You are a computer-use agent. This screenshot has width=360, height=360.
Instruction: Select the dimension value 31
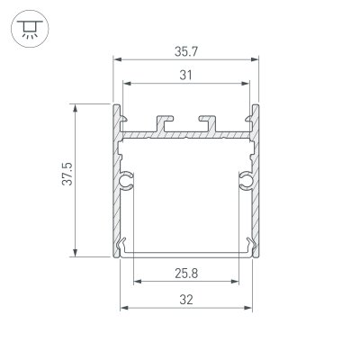pyautogui.click(x=185, y=76)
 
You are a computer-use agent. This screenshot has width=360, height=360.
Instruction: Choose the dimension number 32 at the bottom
pyautogui.click(x=185, y=299)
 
